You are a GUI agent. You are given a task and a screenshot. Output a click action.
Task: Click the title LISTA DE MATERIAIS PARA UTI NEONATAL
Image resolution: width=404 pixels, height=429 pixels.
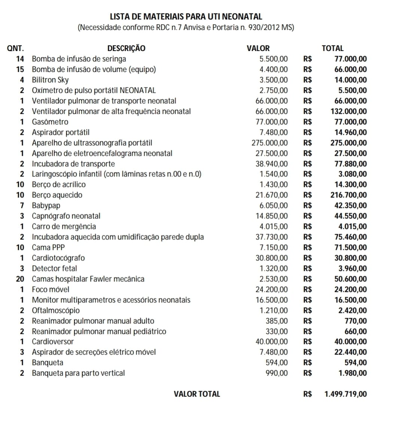(x=186, y=16)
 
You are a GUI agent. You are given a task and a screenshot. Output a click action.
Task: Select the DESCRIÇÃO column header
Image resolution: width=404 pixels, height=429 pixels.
(x=126, y=48)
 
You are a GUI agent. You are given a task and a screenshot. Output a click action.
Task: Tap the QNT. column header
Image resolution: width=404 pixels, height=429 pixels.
(x=15, y=48)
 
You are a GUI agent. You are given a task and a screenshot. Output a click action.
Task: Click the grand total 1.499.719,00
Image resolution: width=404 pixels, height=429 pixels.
(x=346, y=394)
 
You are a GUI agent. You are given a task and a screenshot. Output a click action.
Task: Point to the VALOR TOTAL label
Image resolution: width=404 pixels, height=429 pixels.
(x=197, y=394)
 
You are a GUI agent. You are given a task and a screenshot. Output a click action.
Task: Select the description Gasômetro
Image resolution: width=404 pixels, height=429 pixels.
(x=50, y=122)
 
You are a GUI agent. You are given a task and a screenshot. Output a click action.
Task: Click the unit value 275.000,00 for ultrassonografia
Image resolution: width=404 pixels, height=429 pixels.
(x=270, y=143)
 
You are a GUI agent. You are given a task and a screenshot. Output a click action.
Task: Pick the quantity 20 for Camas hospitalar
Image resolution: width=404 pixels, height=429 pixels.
(x=20, y=279)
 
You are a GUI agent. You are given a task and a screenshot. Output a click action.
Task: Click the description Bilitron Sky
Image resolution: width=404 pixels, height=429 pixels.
(x=50, y=80)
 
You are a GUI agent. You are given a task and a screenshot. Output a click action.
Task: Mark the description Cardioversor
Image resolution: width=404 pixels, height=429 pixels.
(x=53, y=341)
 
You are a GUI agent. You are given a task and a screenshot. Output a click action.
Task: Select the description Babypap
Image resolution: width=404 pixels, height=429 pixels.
(x=46, y=205)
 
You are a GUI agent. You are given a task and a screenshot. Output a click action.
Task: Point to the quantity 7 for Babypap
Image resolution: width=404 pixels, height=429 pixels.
(x=22, y=205)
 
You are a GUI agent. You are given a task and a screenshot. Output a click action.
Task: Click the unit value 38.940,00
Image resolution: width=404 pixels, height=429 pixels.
(x=272, y=164)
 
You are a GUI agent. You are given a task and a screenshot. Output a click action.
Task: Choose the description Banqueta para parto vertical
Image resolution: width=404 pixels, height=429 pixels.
(x=78, y=373)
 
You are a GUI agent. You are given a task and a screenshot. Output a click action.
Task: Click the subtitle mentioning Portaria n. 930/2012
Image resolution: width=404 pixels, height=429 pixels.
(x=186, y=28)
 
